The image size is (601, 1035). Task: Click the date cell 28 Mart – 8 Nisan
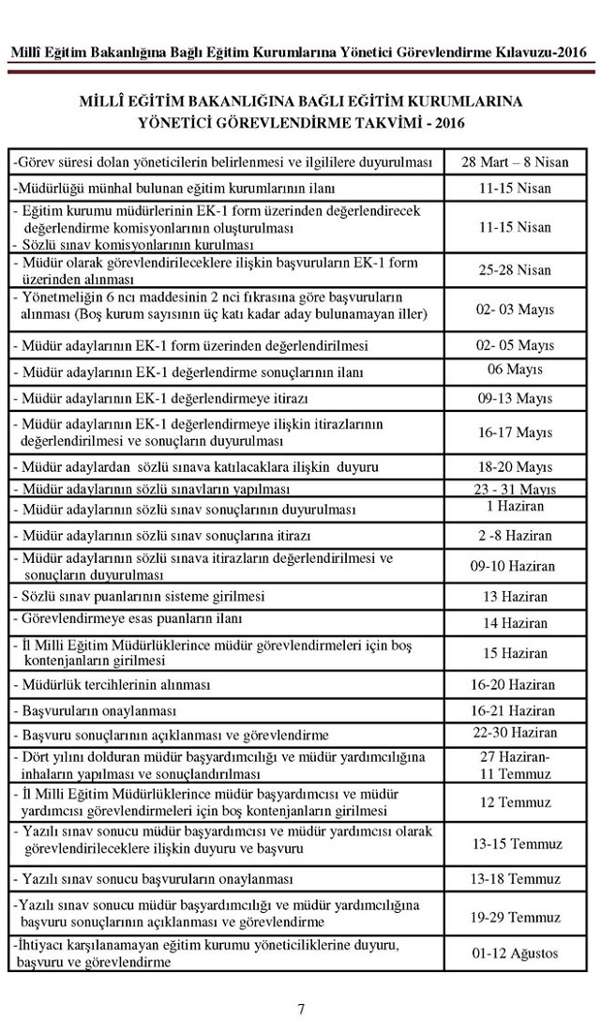click(x=515, y=161)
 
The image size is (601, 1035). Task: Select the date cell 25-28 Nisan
click(x=515, y=269)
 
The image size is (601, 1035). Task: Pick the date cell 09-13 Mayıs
click(x=515, y=398)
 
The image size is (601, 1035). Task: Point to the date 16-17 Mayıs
click(x=515, y=433)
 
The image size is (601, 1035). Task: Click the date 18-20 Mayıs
click(x=515, y=466)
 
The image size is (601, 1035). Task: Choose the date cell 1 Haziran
click(x=515, y=507)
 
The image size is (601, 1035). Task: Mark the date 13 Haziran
click(x=515, y=597)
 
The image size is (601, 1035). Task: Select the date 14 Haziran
click(x=515, y=623)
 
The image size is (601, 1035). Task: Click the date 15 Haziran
click(x=515, y=653)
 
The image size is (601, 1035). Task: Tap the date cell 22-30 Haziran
click(x=515, y=732)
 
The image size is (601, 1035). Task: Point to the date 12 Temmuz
click(x=515, y=803)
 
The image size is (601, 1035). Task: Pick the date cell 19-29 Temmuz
click(x=515, y=917)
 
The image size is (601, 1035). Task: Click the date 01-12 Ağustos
click(x=515, y=953)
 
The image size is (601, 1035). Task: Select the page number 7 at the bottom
click(x=301, y=1010)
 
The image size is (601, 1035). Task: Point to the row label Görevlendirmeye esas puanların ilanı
click(x=129, y=618)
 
